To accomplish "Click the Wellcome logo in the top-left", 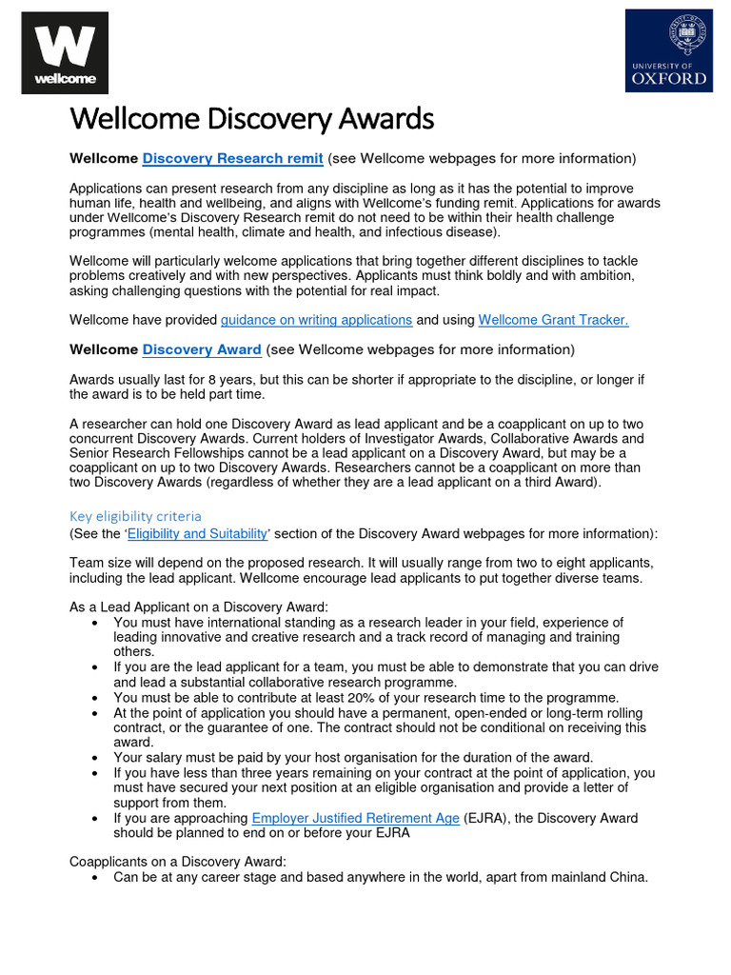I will [65, 53].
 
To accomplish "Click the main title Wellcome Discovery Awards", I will [251, 120].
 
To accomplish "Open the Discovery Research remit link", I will [232, 158].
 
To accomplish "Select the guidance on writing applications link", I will [316, 320].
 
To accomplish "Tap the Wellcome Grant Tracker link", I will [553, 320].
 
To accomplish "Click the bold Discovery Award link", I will [202, 349].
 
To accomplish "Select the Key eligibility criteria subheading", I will [135, 516].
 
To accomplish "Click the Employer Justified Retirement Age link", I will [355, 818].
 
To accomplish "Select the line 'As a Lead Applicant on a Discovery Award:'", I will [199, 607].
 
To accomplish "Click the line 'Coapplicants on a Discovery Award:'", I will [178, 862].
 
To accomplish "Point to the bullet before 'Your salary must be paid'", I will [96, 758].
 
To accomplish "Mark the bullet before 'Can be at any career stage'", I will [96, 878].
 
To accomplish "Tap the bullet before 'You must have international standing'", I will [96, 623].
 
